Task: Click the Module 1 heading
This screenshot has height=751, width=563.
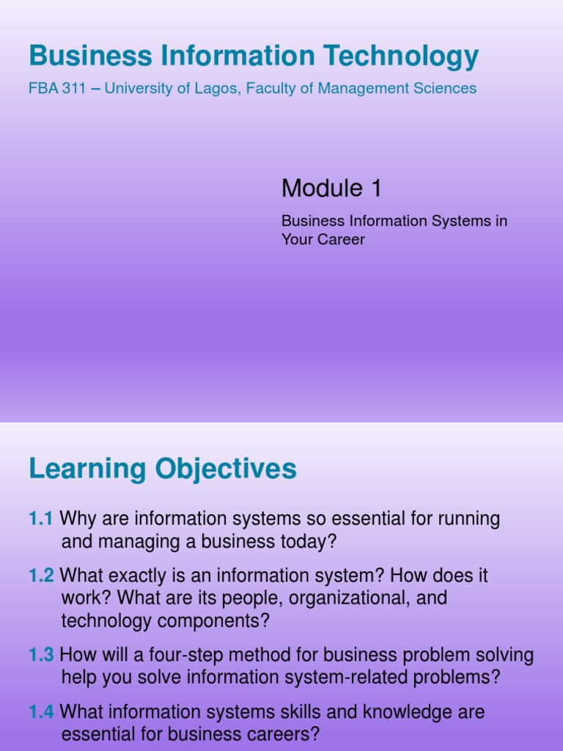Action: [331, 189]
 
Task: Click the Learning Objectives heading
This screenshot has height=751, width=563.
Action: [163, 469]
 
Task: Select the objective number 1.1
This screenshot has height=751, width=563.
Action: [41, 519]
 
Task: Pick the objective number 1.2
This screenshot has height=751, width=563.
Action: [41, 576]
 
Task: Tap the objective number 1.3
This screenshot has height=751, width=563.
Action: [41, 655]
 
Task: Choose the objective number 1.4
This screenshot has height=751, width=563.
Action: [41, 711]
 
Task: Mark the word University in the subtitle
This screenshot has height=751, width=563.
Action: [139, 89]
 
